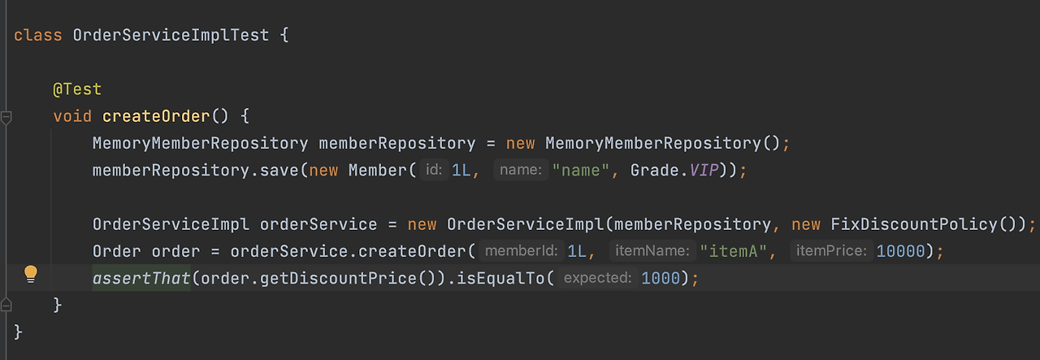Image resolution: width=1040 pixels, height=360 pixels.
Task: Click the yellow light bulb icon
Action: tap(31, 274)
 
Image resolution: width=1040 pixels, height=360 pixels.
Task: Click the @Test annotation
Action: tap(77, 89)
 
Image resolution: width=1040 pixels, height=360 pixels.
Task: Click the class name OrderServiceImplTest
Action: tap(171, 35)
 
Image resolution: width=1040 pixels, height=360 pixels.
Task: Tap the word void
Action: tap(72, 116)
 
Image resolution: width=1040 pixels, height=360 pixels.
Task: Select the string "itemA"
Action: tap(734, 251)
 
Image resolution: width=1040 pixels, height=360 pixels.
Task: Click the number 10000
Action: tap(900, 251)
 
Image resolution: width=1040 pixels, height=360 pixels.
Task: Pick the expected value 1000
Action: tap(660, 278)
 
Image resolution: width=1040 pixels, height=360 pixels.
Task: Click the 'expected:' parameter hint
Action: tap(597, 278)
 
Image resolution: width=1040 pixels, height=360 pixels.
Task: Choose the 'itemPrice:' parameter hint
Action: tap(831, 251)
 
